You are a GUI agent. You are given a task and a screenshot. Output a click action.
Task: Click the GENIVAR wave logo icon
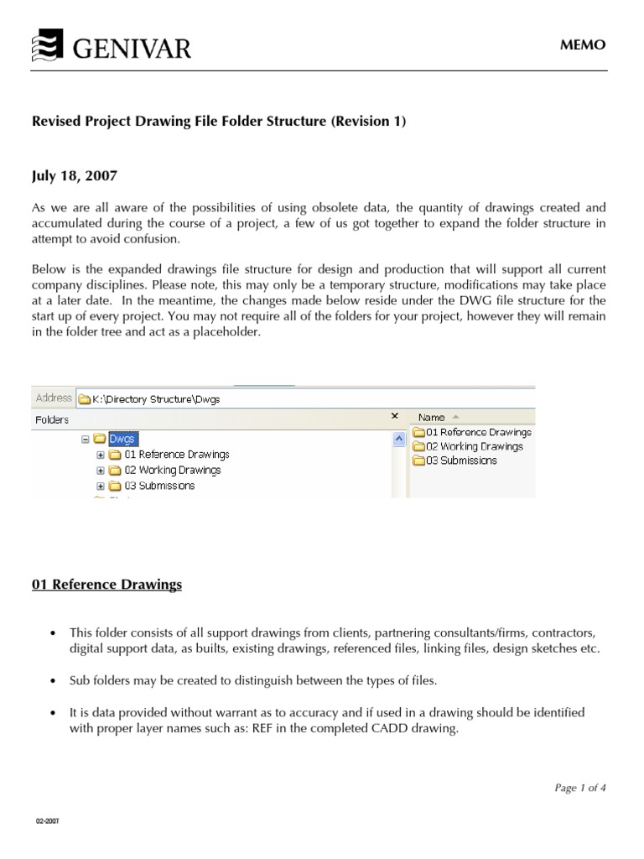(x=47, y=47)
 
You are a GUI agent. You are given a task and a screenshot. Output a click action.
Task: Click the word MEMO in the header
(x=583, y=45)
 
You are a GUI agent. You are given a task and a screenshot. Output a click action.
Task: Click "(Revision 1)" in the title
(x=369, y=122)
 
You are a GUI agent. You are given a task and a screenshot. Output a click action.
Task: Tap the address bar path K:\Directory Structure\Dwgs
(x=155, y=399)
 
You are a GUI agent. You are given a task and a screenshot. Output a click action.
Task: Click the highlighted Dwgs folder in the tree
(x=122, y=439)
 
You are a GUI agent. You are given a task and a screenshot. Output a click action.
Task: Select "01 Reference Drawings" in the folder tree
(x=176, y=455)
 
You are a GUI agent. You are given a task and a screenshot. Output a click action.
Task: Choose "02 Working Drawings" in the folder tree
(x=172, y=470)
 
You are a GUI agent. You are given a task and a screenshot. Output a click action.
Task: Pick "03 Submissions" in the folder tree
(x=158, y=486)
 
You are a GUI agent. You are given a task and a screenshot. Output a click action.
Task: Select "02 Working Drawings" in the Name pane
(x=474, y=446)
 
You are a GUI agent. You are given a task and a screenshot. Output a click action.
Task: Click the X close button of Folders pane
(x=395, y=416)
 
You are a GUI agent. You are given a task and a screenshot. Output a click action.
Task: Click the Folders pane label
(x=52, y=419)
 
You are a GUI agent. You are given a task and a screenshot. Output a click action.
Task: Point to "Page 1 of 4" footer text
(x=580, y=788)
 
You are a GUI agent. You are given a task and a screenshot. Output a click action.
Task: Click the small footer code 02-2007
(x=46, y=821)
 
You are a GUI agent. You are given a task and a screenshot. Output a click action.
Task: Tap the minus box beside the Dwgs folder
(x=86, y=439)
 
